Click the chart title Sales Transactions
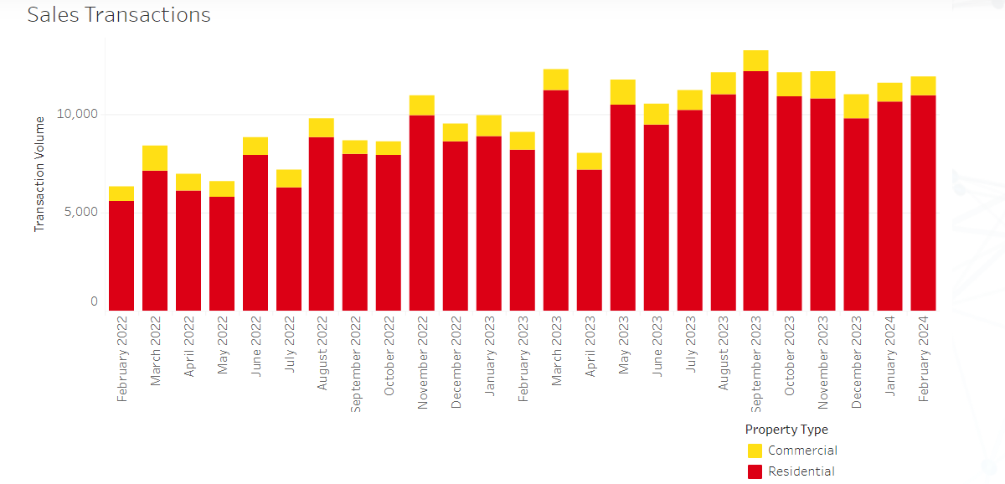(119, 15)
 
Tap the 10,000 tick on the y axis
(76, 114)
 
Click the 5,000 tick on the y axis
(80, 211)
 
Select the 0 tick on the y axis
(94, 301)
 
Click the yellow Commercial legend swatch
(755, 451)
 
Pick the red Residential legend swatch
(755, 471)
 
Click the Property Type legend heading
(786, 430)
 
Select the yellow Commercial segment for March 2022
(155, 158)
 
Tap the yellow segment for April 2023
(589, 162)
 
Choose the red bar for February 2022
(121, 255)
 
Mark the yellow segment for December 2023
(856, 106)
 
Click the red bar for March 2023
(556, 200)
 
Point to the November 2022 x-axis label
(423, 363)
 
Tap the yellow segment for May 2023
(622, 92)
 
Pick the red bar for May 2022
(222, 254)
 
